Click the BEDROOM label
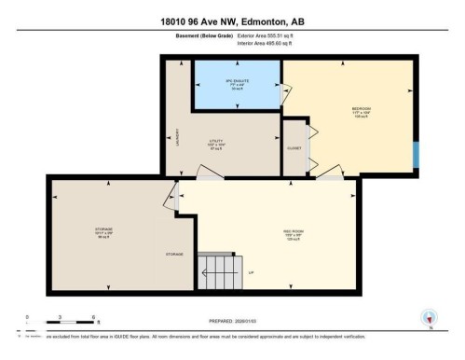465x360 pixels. coord(361,110)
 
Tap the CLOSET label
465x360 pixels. coord(294,146)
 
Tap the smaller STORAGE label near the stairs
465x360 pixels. coord(174,254)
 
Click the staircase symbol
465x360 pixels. coord(219,271)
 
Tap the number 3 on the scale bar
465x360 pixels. coord(60,318)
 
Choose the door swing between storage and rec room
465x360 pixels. coord(171,193)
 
